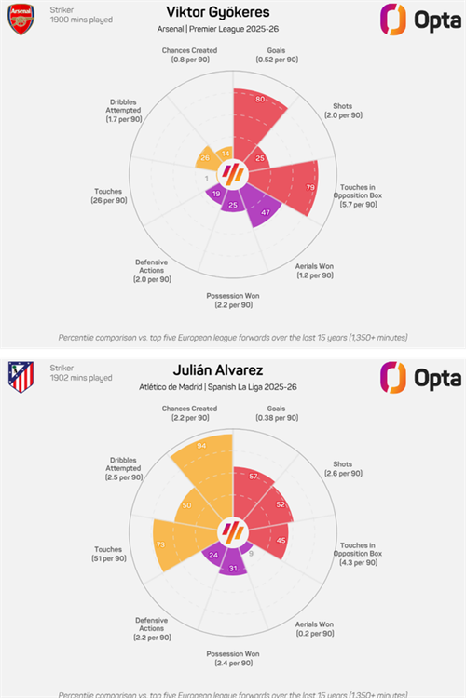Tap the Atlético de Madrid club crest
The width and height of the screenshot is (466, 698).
pyautogui.click(x=21, y=376)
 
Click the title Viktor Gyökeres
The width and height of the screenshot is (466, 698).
pyautogui.click(x=232, y=13)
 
